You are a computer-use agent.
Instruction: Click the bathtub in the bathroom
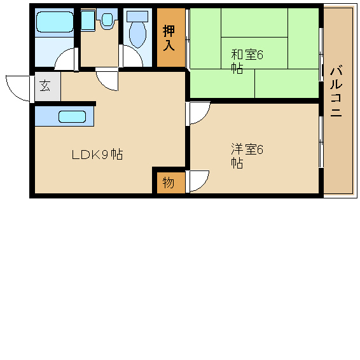point(55,22)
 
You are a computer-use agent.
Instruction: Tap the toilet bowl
point(137,35)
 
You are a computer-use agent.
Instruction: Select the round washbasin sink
point(107,20)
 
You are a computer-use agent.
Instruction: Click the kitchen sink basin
point(72,116)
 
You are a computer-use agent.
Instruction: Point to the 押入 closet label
point(169,38)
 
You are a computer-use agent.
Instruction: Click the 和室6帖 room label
point(247,61)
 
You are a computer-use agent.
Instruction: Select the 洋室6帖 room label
point(247,156)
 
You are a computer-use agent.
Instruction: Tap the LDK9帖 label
point(97,155)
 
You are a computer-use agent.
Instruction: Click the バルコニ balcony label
point(336,92)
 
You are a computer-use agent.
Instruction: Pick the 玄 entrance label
point(45,86)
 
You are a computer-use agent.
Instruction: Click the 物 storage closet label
point(169,183)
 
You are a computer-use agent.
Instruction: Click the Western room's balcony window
point(321,142)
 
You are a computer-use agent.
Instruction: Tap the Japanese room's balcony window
point(321,55)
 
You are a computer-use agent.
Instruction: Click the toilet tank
point(137,17)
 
